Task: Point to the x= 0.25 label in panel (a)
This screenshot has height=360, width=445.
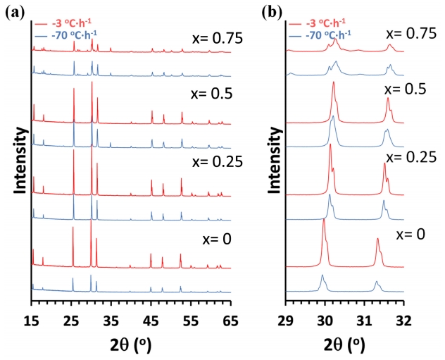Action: point(217,162)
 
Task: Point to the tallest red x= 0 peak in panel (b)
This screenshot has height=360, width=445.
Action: point(324,221)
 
